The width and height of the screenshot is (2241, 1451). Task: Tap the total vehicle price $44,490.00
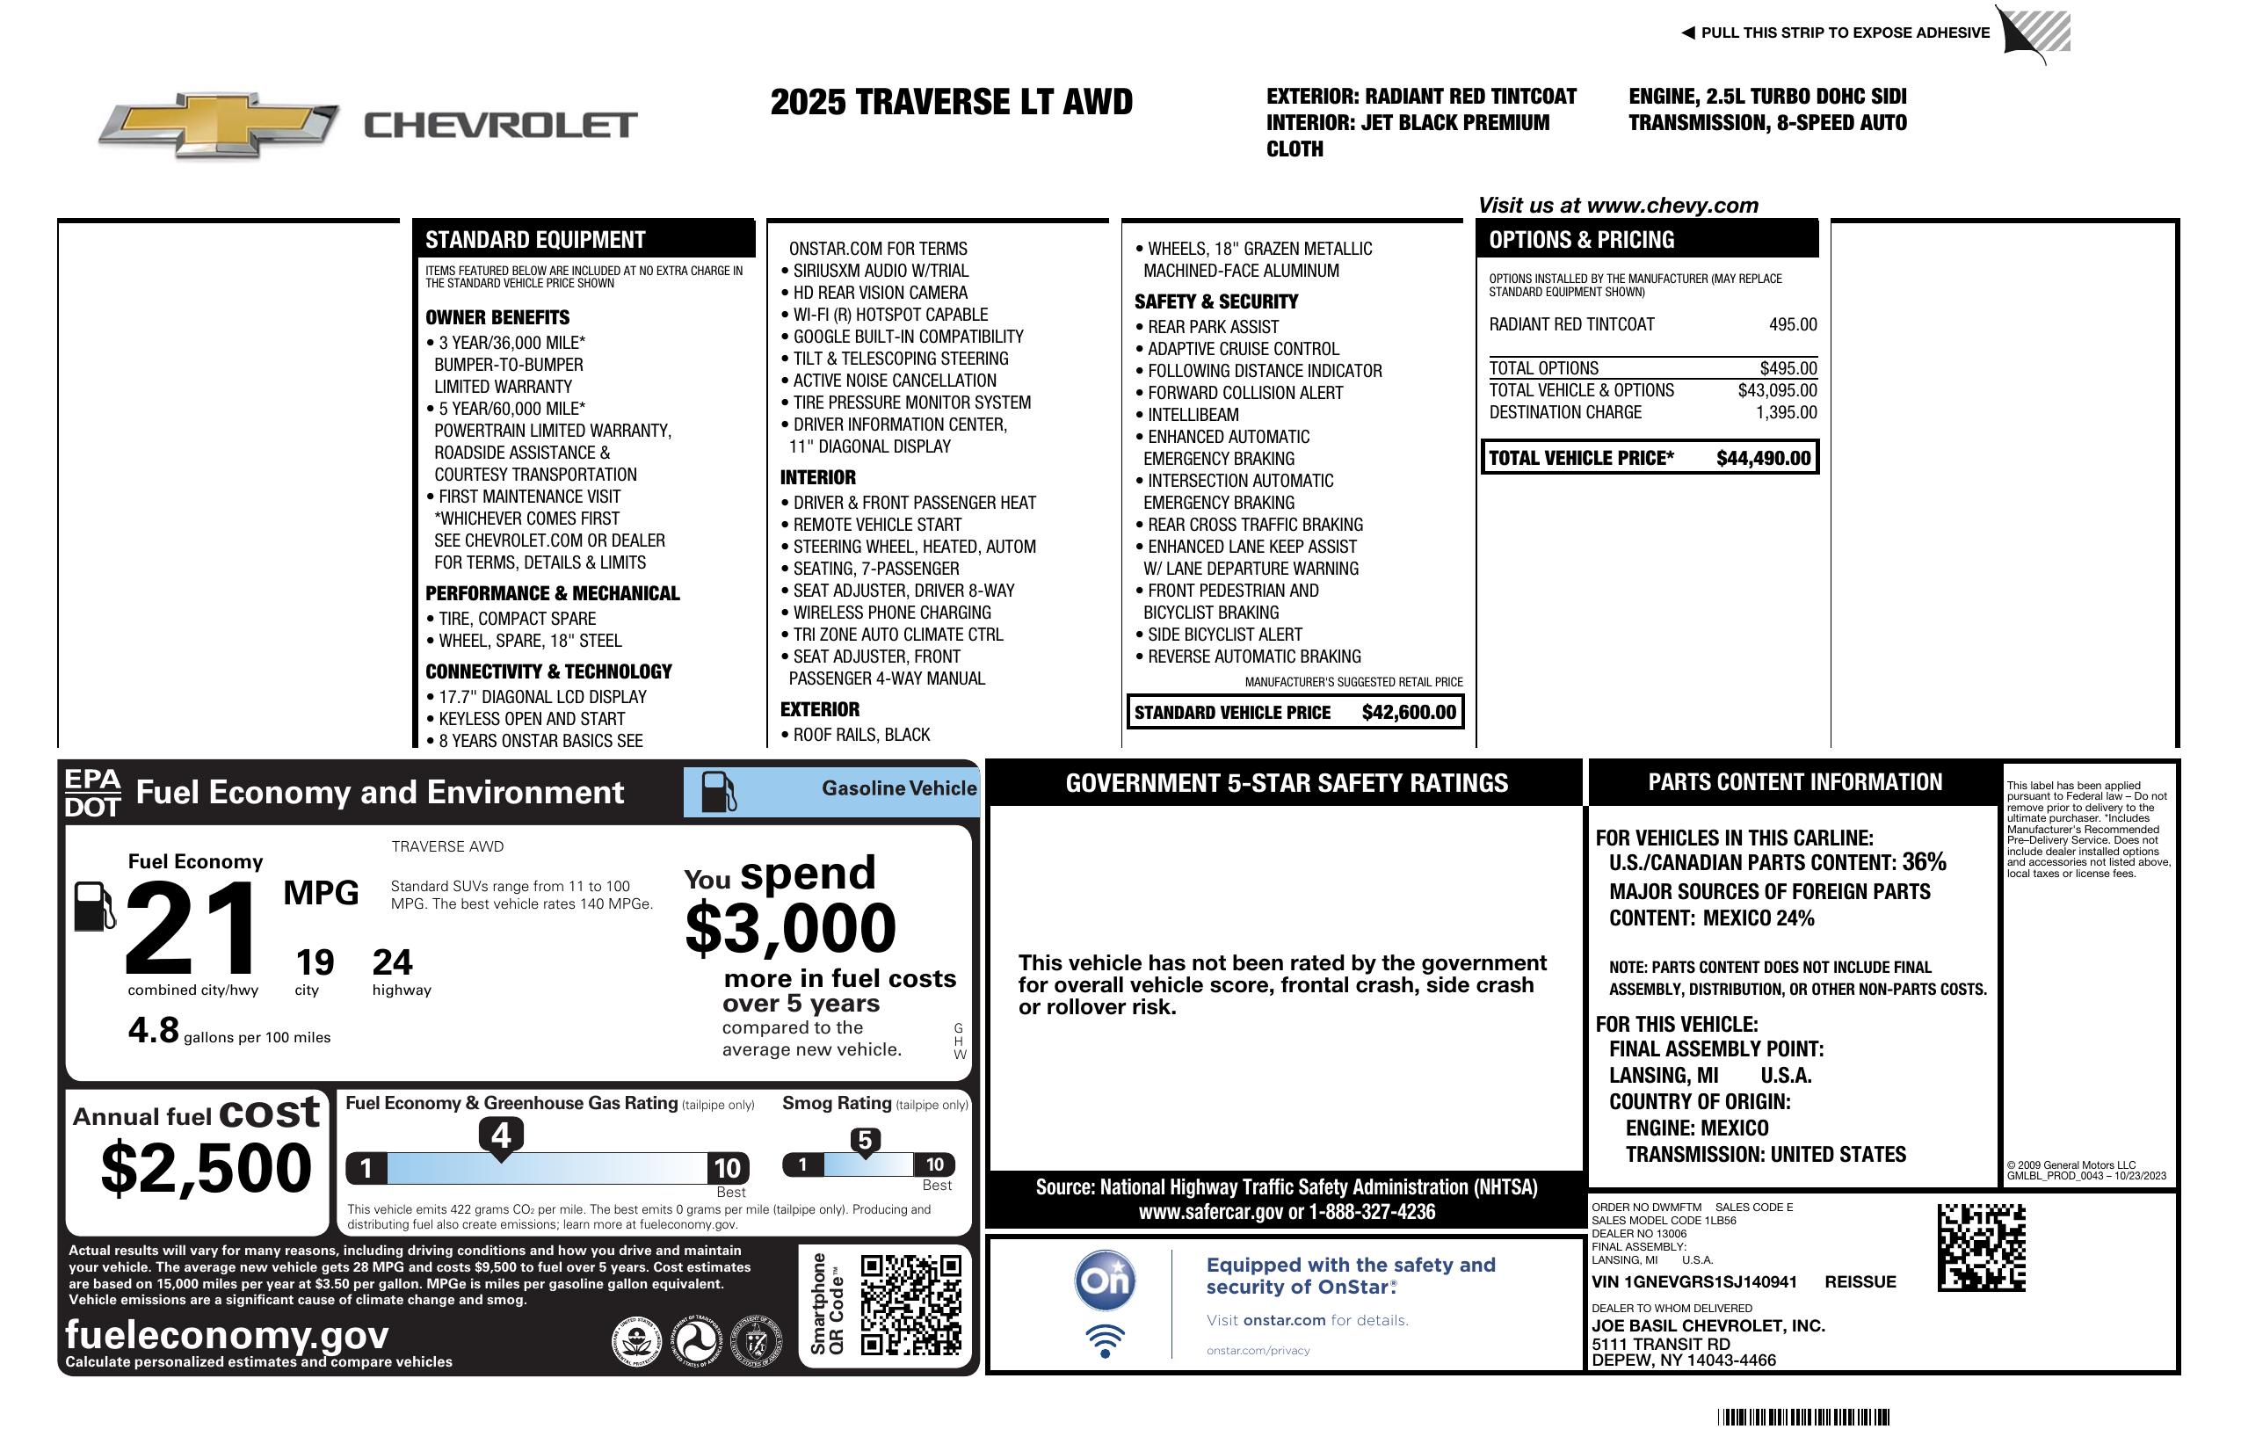pyautogui.click(x=1763, y=459)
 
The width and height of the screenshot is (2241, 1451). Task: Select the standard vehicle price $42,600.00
pyautogui.click(x=1409, y=713)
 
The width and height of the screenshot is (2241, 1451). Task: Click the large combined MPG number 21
pyautogui.click(x=192, y=927)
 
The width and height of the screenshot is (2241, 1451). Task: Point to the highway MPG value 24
pyautogui.click(x=392, y=962)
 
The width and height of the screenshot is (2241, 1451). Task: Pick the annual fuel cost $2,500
pyautogui.click(x=207, y=1168)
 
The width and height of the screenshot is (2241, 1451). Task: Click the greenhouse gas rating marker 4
pyautogui.click(x=501, y=1135)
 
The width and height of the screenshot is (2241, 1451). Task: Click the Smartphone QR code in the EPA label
pyautogui.click(x=910, y=1304)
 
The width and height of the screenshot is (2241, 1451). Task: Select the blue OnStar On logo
pyautogui.click(x=1105, y=1281)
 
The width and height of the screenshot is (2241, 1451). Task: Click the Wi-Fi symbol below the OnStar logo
pyautogui.click(x=1105, y=1341)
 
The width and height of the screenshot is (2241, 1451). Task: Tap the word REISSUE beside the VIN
pyautogui.click(x=1860, y=1282)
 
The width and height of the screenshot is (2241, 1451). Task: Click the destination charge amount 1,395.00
pyautogui.click(x=1786, y=412)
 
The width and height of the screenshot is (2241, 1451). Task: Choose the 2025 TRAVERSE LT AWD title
pyautogui.click(x=951, y=102)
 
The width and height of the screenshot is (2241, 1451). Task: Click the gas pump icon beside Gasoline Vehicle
pyautogui.click(x=719, y=792)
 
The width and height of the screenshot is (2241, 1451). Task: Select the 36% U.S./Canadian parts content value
pyautogui.click(x=1924, y=861)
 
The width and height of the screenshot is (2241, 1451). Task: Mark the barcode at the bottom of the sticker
pyautogui.click(x=1802, y=1417)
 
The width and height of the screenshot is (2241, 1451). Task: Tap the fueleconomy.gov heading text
pyautogui.click(x=227, y=1335)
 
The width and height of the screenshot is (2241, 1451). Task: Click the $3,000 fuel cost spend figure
pyautogui.click(x=790, y=928)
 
